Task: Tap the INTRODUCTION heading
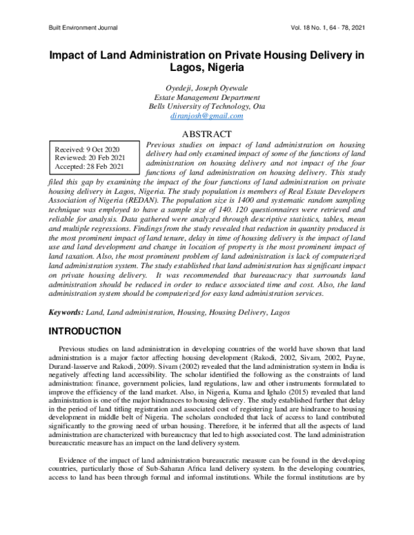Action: click(x=89, y=332)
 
